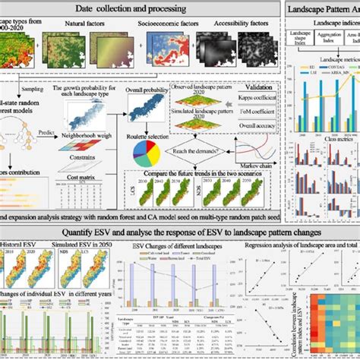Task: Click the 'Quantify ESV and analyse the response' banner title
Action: pos(180,232)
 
